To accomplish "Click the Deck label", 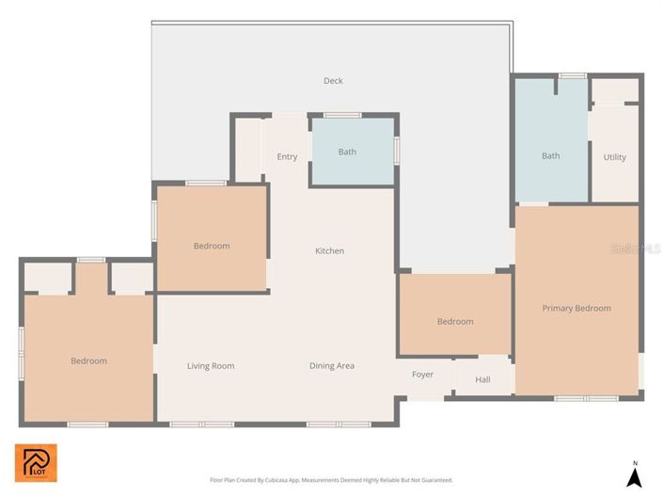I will point(333,81).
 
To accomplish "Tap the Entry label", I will point(287,156).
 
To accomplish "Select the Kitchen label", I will point(329,250).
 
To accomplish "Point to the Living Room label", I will point(211,365).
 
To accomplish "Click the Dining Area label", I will point(332,365).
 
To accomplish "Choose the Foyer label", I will point(423,375).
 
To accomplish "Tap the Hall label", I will point(482,379).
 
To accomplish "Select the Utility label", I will point(614,157).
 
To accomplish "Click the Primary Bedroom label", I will point(576,308).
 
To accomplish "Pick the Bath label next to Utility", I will point(550,155).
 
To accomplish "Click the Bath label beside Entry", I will point(347,152).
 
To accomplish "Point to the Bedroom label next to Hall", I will point(455,321).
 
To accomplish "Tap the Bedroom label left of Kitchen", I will point(212,246).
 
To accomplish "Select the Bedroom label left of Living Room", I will point(88,361).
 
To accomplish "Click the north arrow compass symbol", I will point(635,477).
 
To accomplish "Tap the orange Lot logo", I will point(36,462).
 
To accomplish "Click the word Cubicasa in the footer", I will point(279,480).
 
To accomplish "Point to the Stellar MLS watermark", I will point(636,249).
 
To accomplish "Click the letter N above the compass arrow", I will point(636,462).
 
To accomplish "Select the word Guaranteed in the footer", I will point(434,480).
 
